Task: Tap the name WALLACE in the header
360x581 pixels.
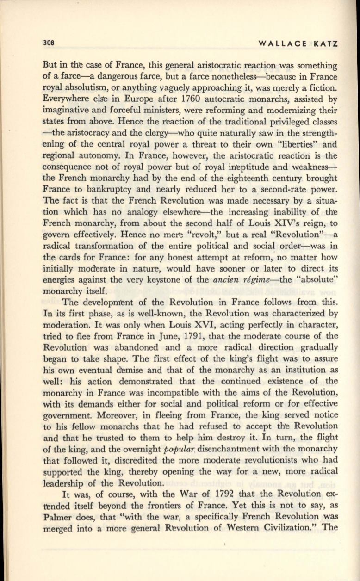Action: [x=282, y=44]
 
